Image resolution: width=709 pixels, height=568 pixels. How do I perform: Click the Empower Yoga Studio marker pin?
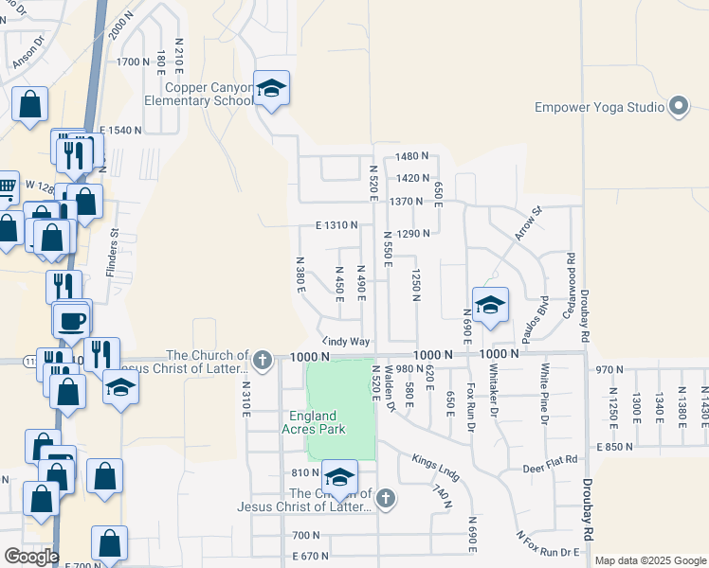(x=679, y=107)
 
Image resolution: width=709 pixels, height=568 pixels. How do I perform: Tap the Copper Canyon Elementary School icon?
(x=272, y=91)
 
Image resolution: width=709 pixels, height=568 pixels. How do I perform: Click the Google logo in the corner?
(x=31, y=557)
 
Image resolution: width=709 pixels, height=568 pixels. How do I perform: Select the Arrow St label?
(x=527, y=224)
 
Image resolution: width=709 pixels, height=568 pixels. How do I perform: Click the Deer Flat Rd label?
(x=551, y=468)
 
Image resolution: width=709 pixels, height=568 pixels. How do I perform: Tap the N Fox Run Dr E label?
(x=548, y=548)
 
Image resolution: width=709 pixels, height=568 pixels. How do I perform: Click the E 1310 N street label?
(x=336, y=225)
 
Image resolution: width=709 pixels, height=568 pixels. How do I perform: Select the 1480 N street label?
(x=413, y=156)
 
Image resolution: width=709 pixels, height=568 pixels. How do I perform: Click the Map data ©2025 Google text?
(x=649, y=560)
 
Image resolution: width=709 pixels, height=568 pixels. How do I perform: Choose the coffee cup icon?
(x=71, y=319)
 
